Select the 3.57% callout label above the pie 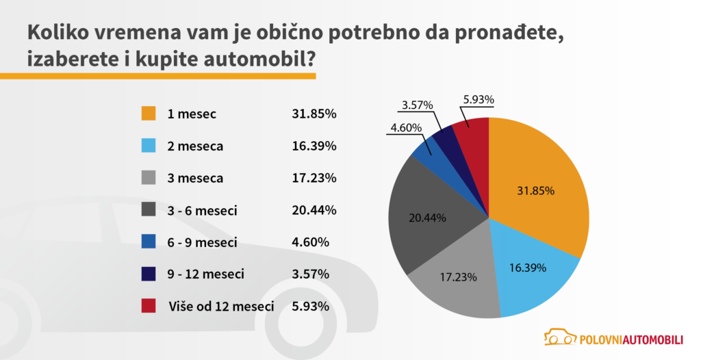[416, 105]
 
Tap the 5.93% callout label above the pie [479, 99]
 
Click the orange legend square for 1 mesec [149, 114]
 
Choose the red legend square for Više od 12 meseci [149, 305]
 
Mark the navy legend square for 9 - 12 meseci [149, 274]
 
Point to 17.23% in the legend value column [310, 179]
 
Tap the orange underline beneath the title [157, 75]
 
